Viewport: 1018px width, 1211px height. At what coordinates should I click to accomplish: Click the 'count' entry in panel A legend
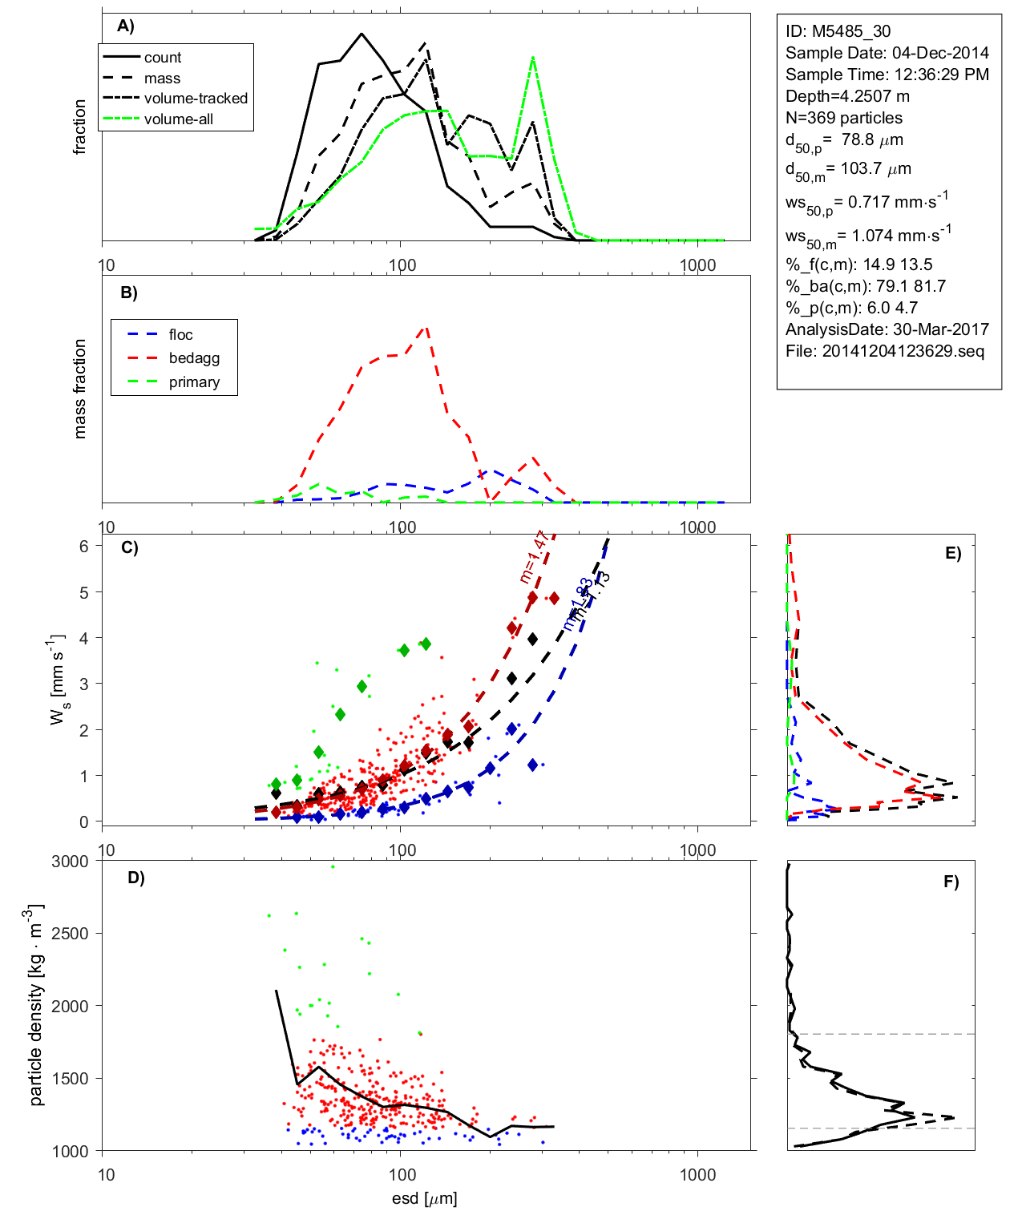coord(163,58)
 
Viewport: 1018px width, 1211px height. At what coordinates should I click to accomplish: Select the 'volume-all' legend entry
coord(179,119)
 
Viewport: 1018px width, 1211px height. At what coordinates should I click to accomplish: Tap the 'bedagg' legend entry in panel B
coord(194,358)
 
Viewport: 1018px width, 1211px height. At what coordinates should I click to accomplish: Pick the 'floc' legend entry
coord(180,335)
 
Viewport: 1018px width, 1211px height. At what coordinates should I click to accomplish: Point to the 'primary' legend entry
coord(194,382)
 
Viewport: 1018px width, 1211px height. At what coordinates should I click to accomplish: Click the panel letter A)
coord(126,26)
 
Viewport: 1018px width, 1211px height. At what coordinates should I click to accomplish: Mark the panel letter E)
coord(952,553)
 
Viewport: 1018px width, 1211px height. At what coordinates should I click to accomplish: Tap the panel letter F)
coord(951,882)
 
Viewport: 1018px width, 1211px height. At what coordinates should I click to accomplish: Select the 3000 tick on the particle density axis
coord(70,862)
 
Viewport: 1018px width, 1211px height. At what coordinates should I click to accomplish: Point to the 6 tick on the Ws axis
coord(83,546)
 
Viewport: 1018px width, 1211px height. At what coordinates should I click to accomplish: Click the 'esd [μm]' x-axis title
coord(425,1198)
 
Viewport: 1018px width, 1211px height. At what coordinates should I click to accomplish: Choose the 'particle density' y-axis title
coord(36,1005)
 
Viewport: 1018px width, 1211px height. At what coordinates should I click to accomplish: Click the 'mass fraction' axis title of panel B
coord(79,389)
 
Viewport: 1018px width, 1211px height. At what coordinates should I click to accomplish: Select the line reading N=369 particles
coord(843,118)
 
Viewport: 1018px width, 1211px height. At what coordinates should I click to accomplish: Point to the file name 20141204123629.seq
coord(903,351)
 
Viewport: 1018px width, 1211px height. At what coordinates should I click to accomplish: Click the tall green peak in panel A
coord(533,58)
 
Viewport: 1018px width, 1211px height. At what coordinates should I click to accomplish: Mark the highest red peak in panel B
coord(426,326)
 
